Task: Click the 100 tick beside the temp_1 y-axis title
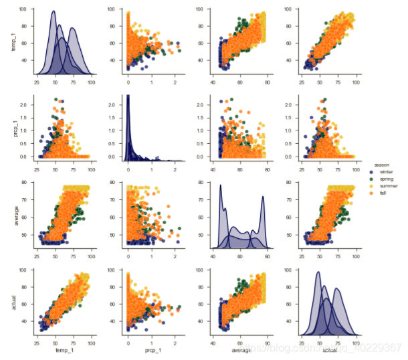(x=23, y=10)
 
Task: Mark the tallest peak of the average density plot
(x=220, y=185)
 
